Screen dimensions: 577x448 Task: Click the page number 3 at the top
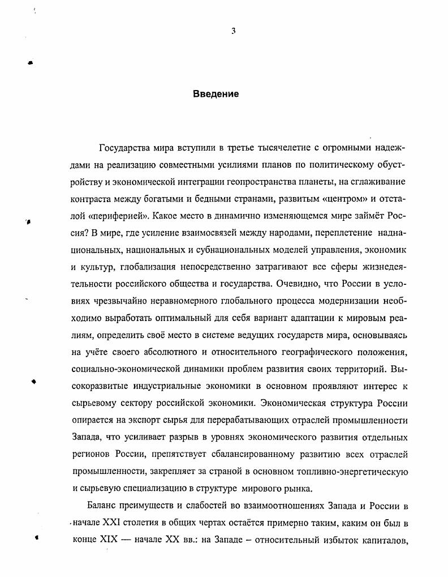point(233,31)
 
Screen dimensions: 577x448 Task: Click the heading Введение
point(216,94)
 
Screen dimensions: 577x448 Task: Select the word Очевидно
point(304,284)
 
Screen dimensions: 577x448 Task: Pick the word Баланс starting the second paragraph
point(105,505)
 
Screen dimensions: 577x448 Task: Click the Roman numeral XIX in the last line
point(107,539)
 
